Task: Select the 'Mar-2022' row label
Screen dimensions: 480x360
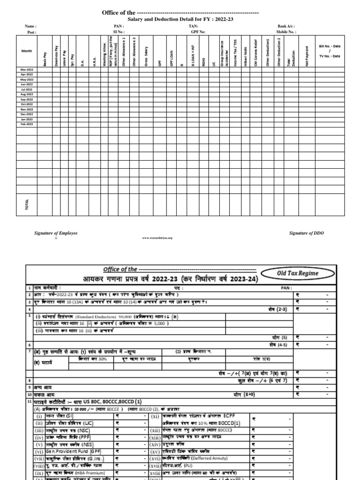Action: coord(27,69)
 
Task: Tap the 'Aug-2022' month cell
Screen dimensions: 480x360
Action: coord(27,94)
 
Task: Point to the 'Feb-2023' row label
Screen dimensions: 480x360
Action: coord(27,124)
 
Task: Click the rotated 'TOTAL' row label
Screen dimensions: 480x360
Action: coord(27,204)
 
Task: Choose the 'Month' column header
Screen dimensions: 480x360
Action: coord(27,51)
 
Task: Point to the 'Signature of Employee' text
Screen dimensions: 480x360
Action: coord(56,233)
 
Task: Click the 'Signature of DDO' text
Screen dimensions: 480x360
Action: coord(307,233)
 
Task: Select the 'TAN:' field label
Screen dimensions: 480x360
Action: coord(193,26)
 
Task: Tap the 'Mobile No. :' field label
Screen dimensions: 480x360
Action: coord(286,32)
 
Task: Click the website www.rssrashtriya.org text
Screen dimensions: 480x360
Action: coord(157,238)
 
